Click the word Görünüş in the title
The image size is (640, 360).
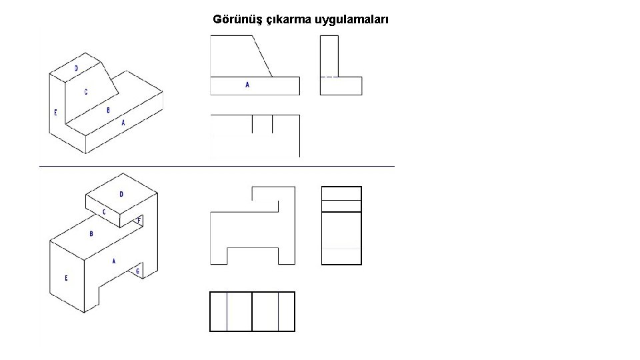point(237,19)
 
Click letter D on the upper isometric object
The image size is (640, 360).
point(76,68)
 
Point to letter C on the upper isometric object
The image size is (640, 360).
point(85,93)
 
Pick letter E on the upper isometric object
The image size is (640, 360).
point(55,112)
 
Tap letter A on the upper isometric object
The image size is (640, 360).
point(123,123)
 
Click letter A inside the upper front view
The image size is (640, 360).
point(247,85)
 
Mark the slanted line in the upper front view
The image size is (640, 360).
point(262,57)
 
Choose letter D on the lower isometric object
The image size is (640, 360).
point(121,194)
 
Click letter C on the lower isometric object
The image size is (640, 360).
point(103,212)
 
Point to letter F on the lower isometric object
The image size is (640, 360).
point(139,219)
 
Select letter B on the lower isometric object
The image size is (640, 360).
point(91,234)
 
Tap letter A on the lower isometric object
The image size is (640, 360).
point(114,261)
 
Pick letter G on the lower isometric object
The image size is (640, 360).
point(137,271)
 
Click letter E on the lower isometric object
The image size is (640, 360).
point(66,278)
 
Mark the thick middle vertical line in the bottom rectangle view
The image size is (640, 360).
point(252,311)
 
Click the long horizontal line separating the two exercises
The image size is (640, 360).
point(217,165)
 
